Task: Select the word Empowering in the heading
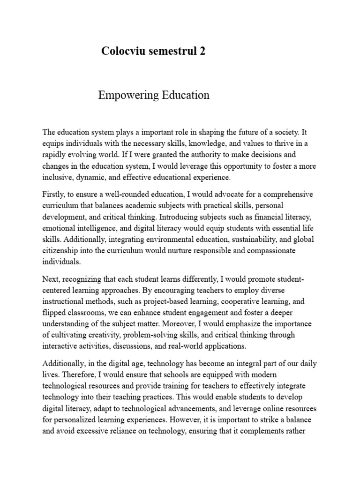pyautogui.click(x=126, y=96)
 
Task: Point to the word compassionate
pyautogui.click(x=276, y=251)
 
